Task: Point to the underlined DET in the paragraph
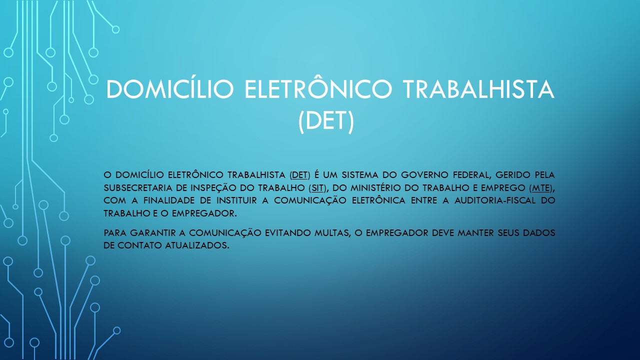click(x=300, y=175)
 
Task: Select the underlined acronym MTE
click(x=541, y=188)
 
